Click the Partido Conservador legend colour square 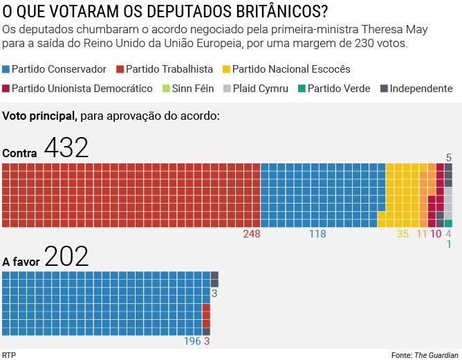(6, 69)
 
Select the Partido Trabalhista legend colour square (120, 69)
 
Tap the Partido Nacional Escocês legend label (291, 69)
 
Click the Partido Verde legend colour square (301, 89)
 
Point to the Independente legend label (421, 89)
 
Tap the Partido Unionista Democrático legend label (82, 89)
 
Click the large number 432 (66, 147)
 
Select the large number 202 (66, 257)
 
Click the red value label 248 (252, 234)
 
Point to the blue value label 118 (317, 234)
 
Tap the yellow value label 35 (403, 234)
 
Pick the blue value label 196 (192, 341)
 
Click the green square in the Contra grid (448, 223)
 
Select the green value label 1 (449, 244)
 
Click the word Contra (20, 153)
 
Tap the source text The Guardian (436, 355)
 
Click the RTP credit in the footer (9, 355)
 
